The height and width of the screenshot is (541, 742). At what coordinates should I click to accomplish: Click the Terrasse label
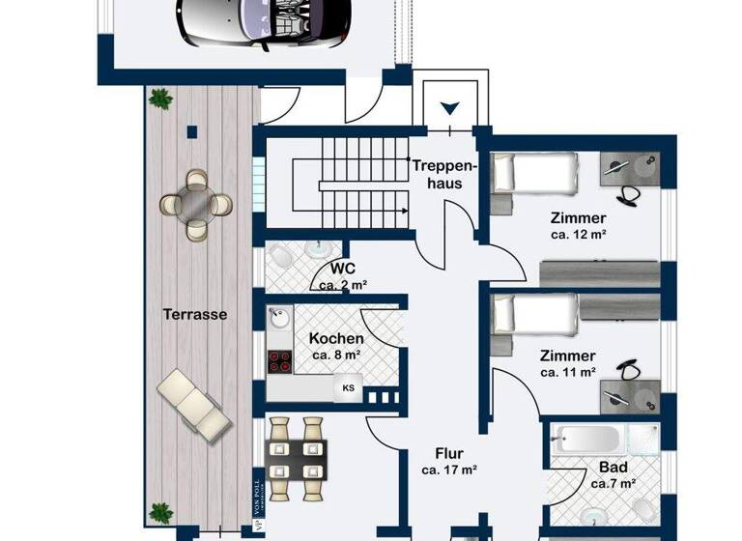click(195, 314)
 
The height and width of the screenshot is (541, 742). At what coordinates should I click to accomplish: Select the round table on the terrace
click(196, 203)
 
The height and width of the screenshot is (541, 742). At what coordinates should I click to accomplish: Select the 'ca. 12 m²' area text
click(579, 234)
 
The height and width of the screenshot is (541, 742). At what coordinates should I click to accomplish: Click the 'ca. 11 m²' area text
click(568, 371)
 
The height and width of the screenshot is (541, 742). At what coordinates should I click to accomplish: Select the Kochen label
click(336, 338)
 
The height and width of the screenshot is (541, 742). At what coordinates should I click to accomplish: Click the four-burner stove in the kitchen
click(280, 361)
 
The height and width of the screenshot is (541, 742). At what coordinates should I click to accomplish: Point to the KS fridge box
click(348, 388)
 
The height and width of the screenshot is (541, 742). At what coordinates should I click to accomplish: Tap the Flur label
click(449, 453)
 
